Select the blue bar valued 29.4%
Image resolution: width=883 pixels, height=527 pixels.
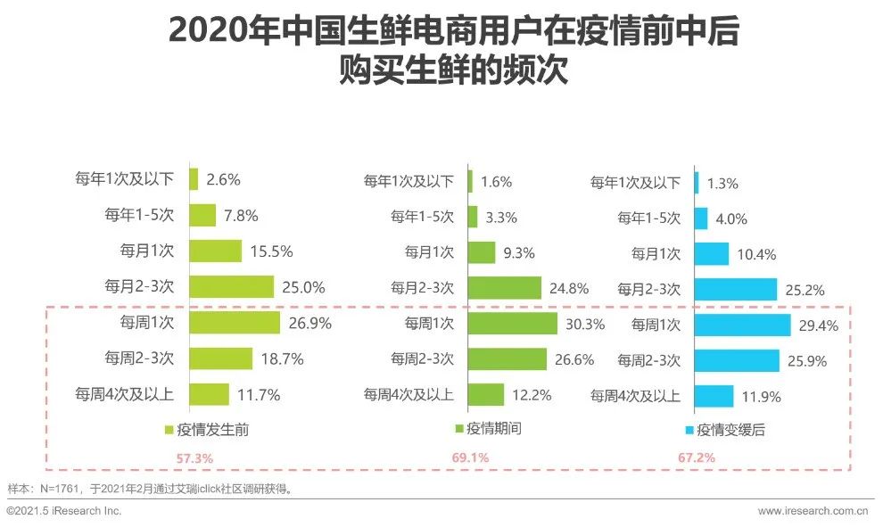[741, 325]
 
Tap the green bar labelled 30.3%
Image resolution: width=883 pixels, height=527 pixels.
[512, 323]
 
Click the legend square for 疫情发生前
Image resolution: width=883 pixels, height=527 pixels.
[168, 430]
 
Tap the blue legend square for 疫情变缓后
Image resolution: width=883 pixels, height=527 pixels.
[689, 431]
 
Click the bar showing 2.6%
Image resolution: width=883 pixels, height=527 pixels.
[194, 179]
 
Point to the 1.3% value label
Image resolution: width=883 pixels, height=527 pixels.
[722, 184]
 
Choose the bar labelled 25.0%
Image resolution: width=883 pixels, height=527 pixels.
[231, 286]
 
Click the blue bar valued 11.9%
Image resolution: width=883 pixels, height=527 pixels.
[714, 396]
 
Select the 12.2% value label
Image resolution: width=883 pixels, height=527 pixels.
[532, 394]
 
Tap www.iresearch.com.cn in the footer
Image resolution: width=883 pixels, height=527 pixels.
[813, 511]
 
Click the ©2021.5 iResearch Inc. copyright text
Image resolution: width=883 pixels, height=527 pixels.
[64, 511]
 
